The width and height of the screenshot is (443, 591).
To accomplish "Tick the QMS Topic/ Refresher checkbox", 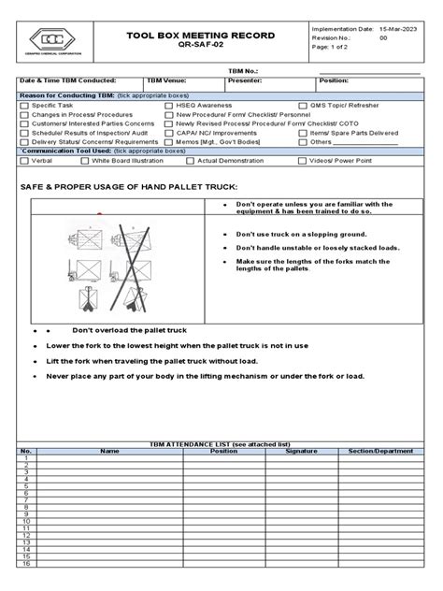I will [303, 107].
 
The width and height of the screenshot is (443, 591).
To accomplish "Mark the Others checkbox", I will [303, 142].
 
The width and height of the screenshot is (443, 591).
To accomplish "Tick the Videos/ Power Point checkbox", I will [303, 160].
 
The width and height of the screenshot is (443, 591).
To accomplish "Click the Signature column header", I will [301, 451].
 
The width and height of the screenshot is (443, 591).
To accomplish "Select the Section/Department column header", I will [380, 451].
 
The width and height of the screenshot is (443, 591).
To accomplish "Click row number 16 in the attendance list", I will [25, 564].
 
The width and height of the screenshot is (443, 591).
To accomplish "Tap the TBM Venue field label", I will [167, 80].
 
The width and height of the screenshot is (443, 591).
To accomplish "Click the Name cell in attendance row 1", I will [109, 458].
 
